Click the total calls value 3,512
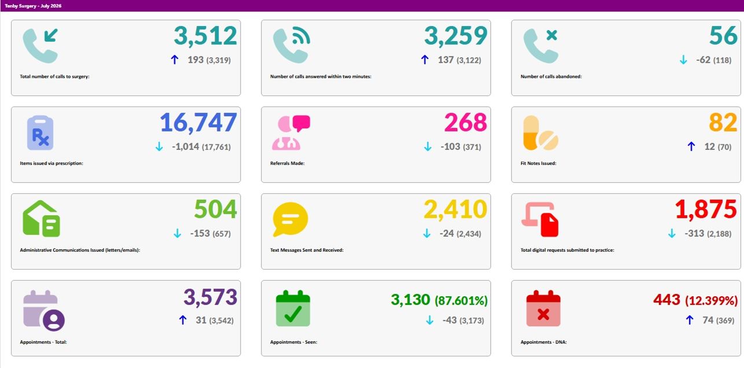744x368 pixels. pos(205,36)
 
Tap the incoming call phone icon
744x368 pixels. pos(40,46)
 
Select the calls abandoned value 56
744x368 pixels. pos(723,35)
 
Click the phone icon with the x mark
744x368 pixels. pos(541,46)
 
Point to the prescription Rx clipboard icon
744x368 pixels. pos(40,133)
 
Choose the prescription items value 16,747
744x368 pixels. pos(198,123)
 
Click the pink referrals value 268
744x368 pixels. pos(466,122)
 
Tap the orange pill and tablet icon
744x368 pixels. pos(541,133)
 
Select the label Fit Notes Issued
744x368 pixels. pos(538,163)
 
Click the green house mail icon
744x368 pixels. pos(41,219)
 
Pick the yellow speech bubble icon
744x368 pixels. pos(290,219)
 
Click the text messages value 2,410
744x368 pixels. pos(455,209)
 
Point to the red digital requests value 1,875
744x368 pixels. pos(706,209)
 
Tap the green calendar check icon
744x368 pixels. pos(293,308)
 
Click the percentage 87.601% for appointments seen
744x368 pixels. pos(461,300)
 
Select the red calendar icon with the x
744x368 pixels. pos(543,308)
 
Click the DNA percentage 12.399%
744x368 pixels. pos(712,300)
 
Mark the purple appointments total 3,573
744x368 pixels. pos(210,297)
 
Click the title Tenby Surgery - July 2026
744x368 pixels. pos(33,6)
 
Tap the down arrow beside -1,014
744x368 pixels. pos(159,146)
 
